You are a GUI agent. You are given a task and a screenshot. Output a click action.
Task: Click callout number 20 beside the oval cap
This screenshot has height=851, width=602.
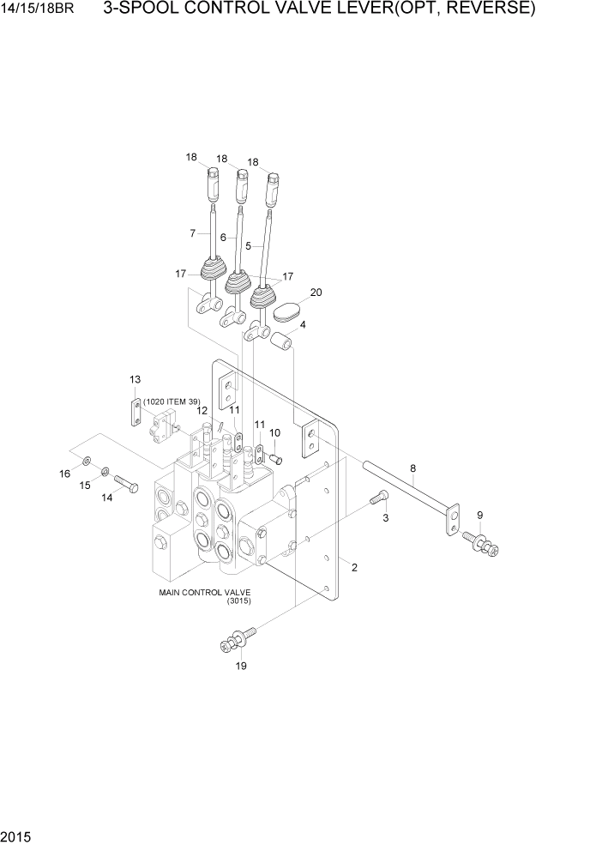316,293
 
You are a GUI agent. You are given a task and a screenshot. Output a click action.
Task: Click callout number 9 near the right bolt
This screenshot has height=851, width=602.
479,515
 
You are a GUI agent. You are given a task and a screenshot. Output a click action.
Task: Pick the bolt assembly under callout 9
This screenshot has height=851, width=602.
481,542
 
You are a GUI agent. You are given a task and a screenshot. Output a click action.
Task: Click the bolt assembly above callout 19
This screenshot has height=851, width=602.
239,637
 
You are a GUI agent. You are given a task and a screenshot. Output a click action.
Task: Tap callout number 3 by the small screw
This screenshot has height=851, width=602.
385,518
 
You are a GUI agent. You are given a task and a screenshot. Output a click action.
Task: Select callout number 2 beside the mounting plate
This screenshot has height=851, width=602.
353,567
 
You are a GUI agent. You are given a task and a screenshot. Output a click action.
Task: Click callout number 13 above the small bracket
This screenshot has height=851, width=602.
135,379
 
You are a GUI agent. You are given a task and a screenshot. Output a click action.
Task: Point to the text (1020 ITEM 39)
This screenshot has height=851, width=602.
172,401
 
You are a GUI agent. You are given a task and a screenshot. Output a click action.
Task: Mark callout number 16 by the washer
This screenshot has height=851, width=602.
64,474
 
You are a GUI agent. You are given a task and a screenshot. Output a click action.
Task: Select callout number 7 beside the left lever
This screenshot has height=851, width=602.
193,233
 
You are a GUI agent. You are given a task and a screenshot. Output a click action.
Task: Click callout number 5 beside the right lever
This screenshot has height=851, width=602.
248,245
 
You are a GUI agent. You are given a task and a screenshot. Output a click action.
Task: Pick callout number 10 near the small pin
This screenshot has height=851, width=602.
274,432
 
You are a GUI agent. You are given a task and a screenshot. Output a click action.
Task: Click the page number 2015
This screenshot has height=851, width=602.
16,833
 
